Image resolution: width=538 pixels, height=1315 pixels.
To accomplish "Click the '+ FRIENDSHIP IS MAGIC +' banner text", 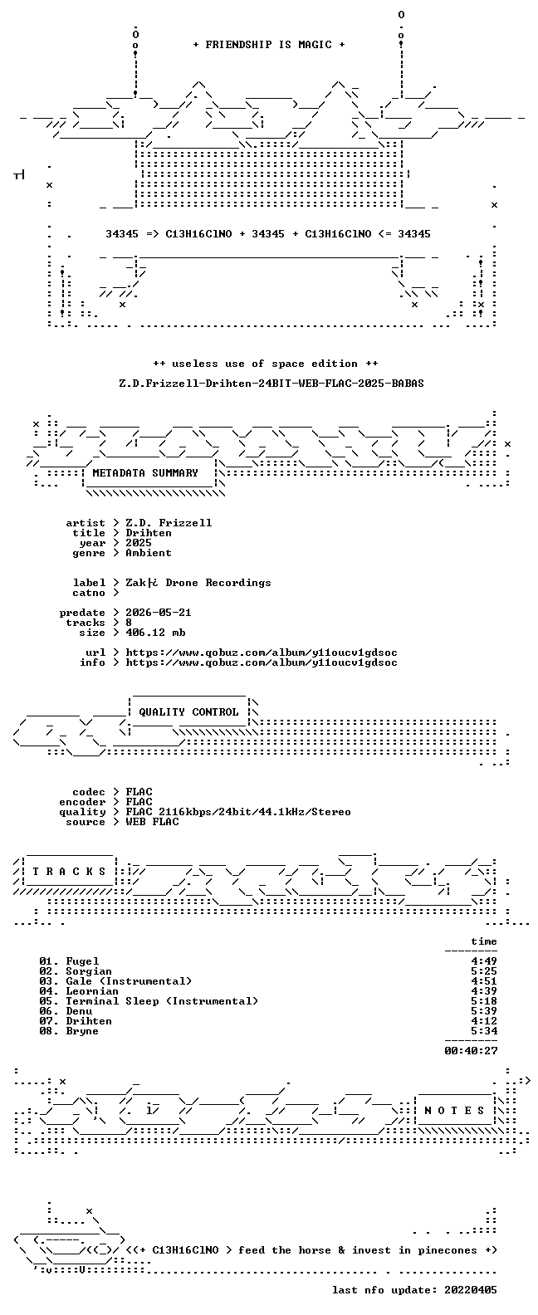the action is (269, 45).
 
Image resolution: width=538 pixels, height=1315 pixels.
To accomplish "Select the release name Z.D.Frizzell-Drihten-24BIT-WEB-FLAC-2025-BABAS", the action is (271, 384).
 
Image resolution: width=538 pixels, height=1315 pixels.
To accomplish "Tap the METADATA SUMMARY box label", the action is (145, 473).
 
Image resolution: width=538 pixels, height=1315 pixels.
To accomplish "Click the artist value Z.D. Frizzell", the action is (169, 523).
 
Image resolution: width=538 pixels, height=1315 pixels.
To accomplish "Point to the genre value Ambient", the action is (149, 553).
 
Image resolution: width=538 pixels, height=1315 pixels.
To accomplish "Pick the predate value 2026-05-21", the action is (159, 613).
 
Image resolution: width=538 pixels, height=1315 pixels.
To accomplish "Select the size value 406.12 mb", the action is (155, 633).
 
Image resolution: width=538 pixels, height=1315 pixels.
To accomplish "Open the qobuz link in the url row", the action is (262, 653).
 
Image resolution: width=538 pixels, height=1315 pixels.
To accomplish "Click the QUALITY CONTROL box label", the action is (188, 712).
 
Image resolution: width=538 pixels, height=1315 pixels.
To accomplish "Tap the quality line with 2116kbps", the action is (238, 813).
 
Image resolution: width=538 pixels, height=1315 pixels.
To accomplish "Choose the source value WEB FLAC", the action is (152, 823).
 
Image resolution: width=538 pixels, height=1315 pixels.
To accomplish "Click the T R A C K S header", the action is (69, 872).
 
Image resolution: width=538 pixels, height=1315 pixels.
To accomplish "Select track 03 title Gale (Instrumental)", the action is (129, 981).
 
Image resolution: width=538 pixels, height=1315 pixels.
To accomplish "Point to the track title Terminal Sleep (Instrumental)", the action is (162, 1001).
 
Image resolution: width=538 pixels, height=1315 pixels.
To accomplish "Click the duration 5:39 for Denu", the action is (484, 1011).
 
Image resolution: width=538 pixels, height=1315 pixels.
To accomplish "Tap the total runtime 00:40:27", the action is (471, 1051).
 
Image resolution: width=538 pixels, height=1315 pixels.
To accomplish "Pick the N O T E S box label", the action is (454, 1111).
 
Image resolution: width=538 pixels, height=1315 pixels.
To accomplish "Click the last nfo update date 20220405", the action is (471, 1290).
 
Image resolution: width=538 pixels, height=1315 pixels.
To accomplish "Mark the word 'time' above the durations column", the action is (484, 941).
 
